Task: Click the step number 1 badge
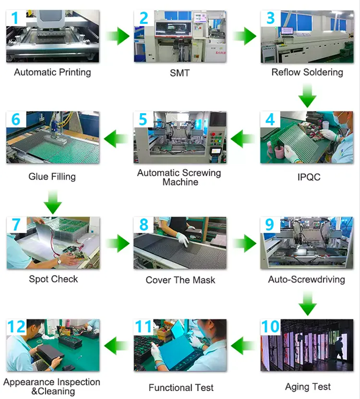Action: click(x=16, y=18)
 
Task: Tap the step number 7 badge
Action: click(x=17, y=225)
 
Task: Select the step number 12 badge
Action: click(x=17, y=327)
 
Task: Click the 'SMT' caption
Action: click(x=180, y=73)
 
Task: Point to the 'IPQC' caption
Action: click(x=309, y=177)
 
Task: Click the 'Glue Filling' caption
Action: click(x=52, y=177)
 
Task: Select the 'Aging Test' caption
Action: click(x=308, y=387)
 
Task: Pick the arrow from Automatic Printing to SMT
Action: click(x=117, y=36)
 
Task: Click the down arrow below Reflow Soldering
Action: click(x=307, y=95)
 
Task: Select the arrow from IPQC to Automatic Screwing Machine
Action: click(x=243, y=139)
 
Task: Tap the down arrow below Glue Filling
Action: click(x=53, y=202)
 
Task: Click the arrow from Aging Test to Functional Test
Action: click(x=243, y=346)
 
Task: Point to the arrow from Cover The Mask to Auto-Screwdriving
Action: click(x=244, y=243)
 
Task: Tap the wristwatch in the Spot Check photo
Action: click(x=59, y=261)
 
